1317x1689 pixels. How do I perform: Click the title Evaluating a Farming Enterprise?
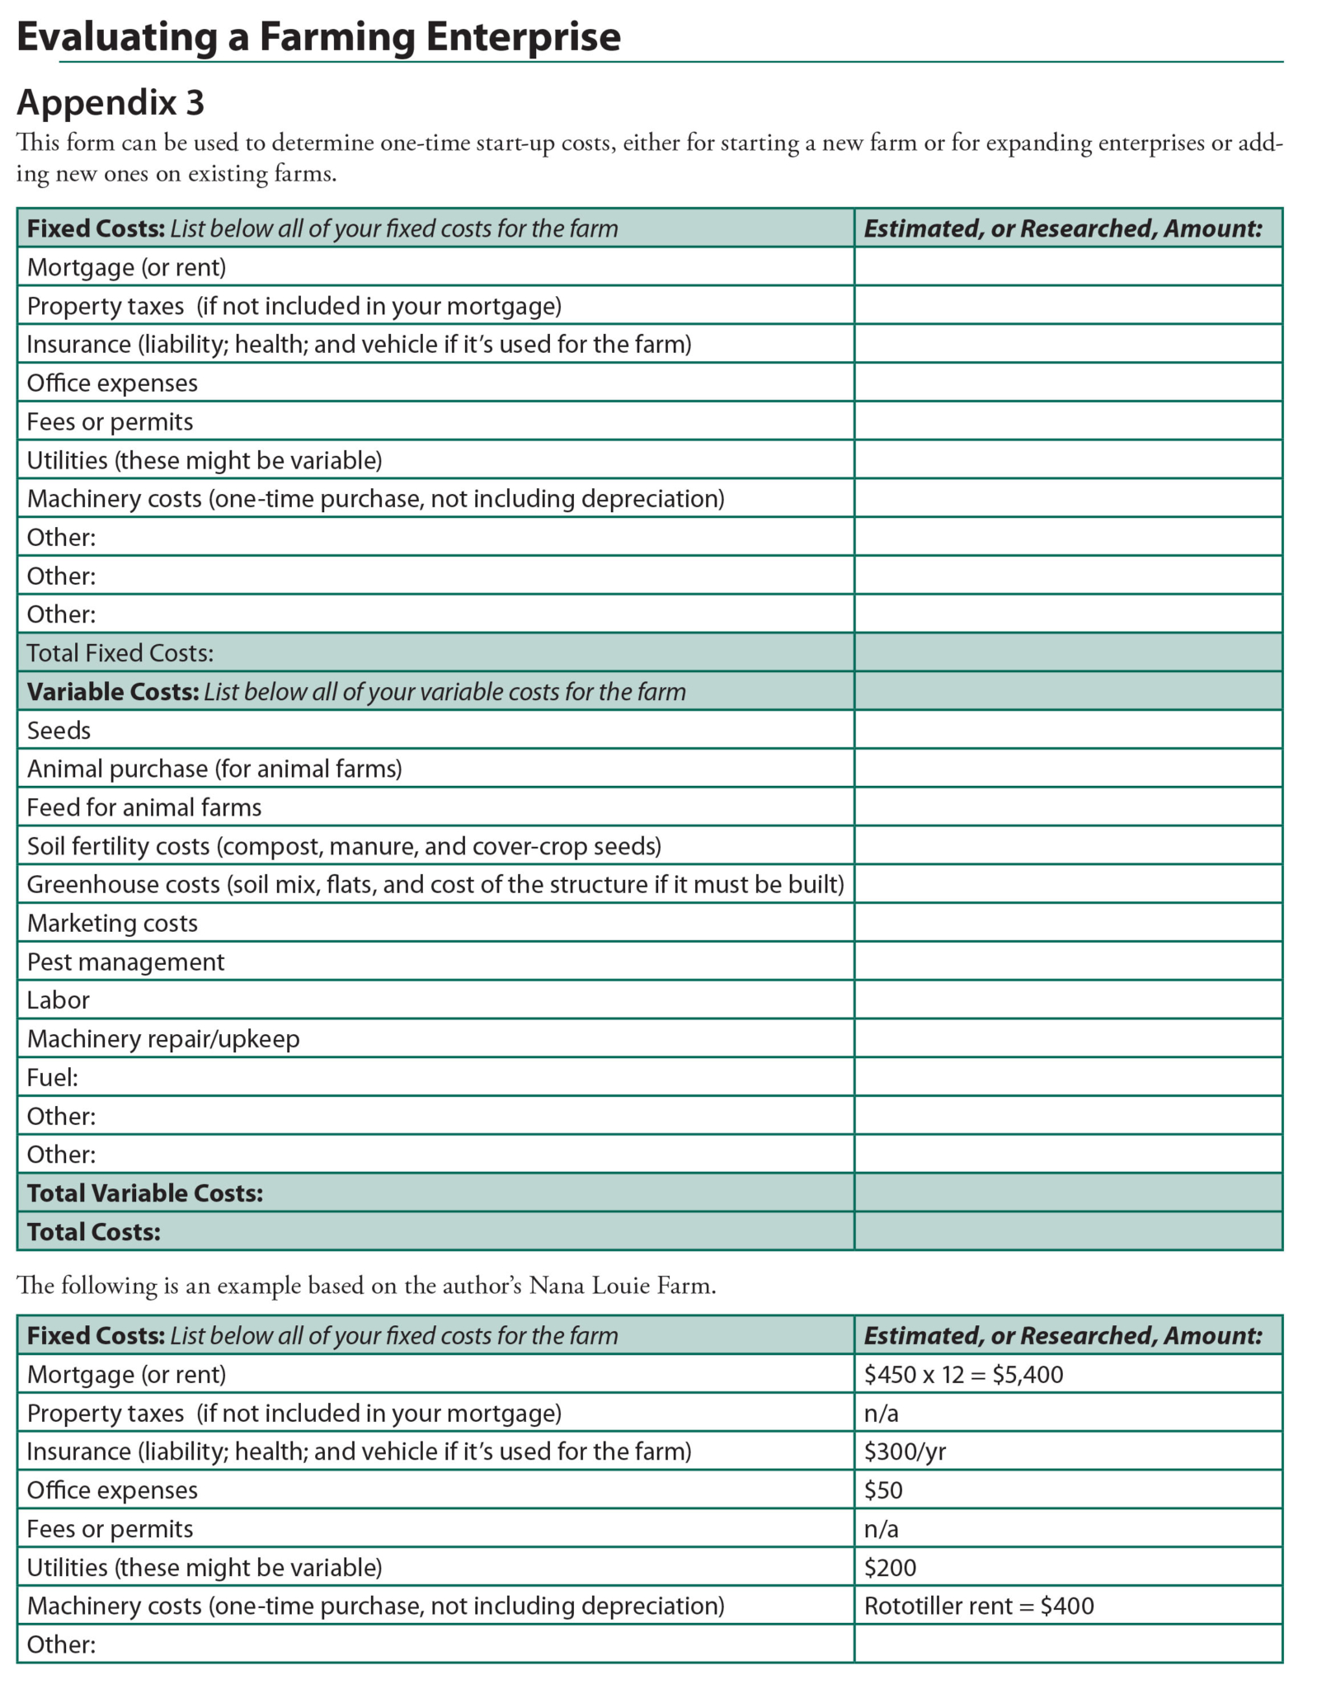(318, 37)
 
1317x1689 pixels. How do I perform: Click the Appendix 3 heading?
(111, 103)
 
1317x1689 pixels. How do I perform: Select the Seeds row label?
(59, 731)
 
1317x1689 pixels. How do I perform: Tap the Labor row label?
(58, 1000)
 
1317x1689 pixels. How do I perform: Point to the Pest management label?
(125, 962)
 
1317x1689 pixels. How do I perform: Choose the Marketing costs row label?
(112, 923)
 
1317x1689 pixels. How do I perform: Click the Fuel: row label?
(53, 1078)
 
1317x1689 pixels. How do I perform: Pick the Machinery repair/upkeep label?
(163, 1039)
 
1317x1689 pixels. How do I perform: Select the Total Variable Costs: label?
(145, 1193)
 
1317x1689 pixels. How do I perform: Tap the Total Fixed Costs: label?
(120, 653)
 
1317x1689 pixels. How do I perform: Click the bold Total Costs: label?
(94, 1232)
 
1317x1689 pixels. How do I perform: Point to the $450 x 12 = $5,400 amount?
(963, 1375)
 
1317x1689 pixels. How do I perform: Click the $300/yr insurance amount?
(905, 1451)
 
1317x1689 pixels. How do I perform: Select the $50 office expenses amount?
(883, 1490)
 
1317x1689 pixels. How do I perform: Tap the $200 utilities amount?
(890, 1568)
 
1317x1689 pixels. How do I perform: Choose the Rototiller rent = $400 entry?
(979, 1606)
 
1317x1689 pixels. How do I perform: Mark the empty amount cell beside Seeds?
(1068, 731)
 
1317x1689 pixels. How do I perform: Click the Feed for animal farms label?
(144, 807)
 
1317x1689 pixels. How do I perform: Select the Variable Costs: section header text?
(113, 692)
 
